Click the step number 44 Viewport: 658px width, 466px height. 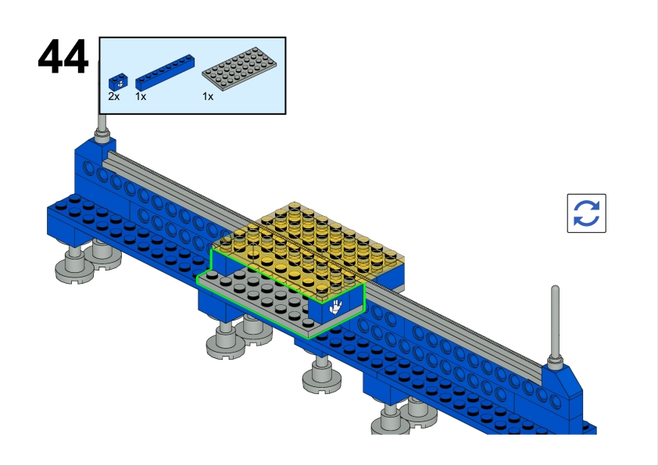(x=63, y=57)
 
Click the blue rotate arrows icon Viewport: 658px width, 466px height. (x=586, y=213)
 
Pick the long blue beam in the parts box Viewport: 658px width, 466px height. (x=165, y=70)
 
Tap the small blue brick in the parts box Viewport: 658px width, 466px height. (x=117, y=81)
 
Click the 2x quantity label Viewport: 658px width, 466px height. (x=114, y=96)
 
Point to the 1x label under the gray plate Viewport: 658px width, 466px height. (x=208, y=96)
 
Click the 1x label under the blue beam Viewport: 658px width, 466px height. (x=141, y=96)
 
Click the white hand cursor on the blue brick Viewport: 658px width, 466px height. (x=336, y=306)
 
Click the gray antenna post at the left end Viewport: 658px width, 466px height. (x=102, y=125)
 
